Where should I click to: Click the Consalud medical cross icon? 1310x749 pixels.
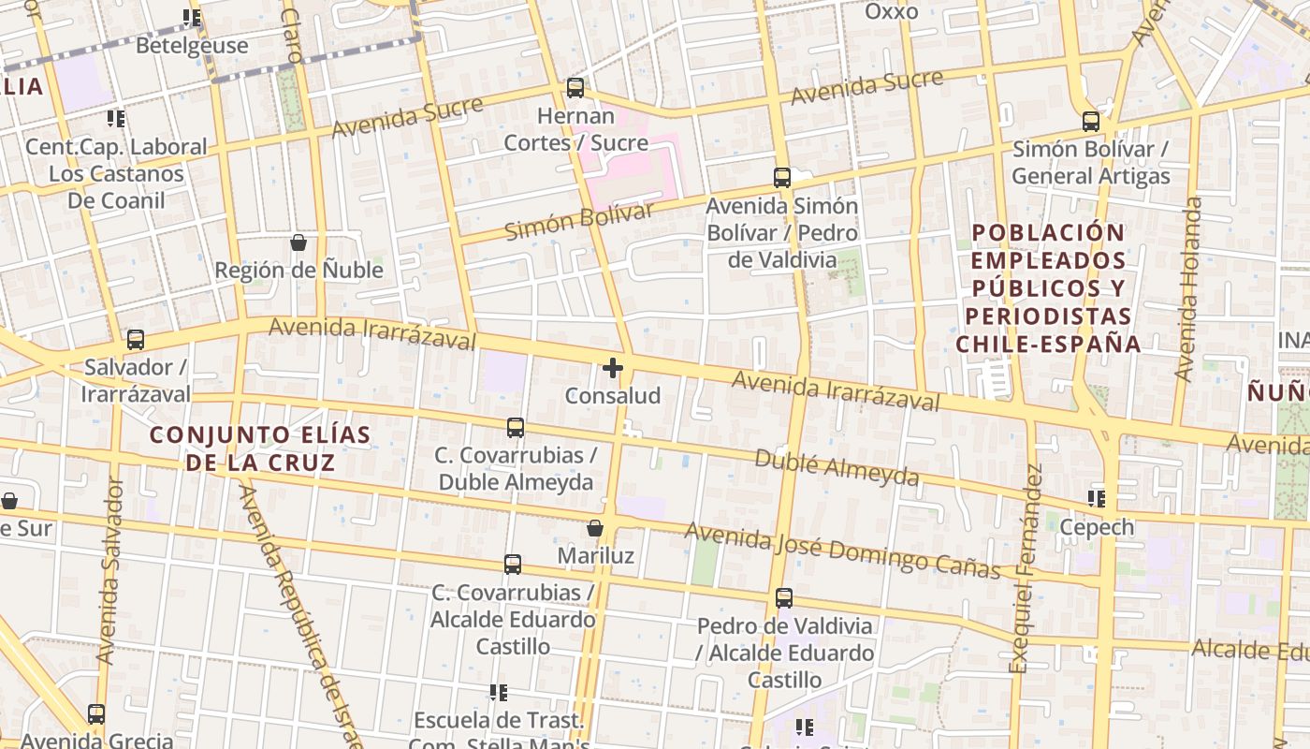(613, 368)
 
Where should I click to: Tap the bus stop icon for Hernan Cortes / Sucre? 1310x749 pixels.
(575, 88)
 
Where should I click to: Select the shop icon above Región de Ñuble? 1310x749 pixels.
(298, 242)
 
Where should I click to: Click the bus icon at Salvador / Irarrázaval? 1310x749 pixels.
(136, 339)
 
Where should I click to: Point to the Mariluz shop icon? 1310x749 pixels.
(595, 528)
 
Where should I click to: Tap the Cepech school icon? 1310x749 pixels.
(1097, 499)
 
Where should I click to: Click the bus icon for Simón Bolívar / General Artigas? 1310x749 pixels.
(1091, 121)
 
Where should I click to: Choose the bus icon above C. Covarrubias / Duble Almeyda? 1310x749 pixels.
(516, 428)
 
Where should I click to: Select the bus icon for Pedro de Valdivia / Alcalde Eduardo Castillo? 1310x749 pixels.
(784, 597)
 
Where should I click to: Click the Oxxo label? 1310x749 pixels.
(892, 11)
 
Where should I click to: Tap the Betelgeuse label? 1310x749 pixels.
(192, 45)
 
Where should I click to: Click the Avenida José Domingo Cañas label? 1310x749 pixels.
(842, 550)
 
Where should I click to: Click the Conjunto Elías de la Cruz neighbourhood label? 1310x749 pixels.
(260, 448)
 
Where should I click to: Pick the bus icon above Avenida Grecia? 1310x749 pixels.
(96, 714)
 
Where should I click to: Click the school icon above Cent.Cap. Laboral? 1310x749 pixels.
(116, 119)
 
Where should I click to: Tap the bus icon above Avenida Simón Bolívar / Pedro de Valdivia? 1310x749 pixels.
(782, 177)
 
